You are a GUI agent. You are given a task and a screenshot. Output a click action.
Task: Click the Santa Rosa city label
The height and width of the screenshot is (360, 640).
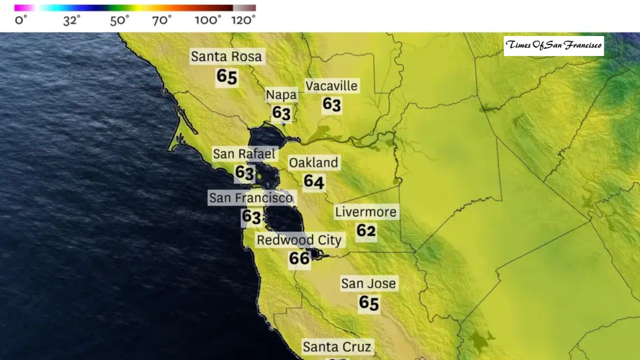click(x=226, y=56)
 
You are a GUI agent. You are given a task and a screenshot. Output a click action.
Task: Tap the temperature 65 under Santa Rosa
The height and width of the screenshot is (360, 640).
click(x=226, y=77)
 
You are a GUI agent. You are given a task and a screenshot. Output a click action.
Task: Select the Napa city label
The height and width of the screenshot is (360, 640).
click(x=281, y=95)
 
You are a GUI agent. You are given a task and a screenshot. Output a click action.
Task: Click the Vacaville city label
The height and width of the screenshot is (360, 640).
click(x=331, y=86)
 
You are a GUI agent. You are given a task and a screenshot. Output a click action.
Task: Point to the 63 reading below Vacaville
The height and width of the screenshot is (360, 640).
click(x=331, y=104)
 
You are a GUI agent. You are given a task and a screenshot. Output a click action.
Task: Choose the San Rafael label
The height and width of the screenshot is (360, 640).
click(x=244, y=154)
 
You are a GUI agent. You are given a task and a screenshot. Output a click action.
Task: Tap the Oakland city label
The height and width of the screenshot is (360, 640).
click(x=313, y=163)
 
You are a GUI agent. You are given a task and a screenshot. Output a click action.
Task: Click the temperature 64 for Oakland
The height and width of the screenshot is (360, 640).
click(x=314, y=181)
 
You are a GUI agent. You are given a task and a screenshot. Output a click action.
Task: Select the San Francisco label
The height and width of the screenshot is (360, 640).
click(x=250, y=198)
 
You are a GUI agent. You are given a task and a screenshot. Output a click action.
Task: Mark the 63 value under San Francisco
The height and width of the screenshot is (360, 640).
click(x=251, y=217)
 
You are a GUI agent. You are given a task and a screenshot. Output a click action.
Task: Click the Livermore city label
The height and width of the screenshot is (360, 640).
click(x=365, y=212)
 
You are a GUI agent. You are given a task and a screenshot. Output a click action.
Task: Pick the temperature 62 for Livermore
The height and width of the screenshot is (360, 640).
click(x=366, y=230)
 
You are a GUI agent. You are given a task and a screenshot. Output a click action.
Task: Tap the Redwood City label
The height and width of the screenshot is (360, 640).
click(x=299, y=240)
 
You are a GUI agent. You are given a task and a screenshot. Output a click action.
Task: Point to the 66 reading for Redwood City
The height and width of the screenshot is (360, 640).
click(x=299, y=258)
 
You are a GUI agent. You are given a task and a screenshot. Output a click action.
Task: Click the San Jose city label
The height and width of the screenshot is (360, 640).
click(x=368, y=284)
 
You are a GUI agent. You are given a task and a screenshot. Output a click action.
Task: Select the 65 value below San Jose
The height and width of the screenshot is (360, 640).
click(x=369, y=303)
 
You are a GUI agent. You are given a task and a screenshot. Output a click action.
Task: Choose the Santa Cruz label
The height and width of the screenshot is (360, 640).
click(x=337, y=347)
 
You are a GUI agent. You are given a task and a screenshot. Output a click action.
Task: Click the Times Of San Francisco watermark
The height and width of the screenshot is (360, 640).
click(x=553, y=45)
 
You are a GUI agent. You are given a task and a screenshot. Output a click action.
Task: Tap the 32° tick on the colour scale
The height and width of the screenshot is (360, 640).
click(x=71, y=20)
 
